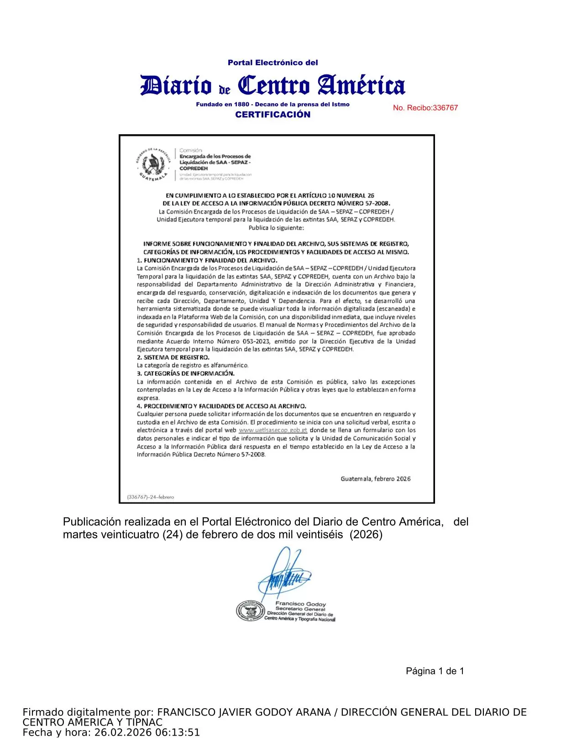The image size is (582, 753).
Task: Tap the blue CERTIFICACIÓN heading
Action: click(x=273, y=115)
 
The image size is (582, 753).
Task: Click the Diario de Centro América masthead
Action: click(x=273, y=85)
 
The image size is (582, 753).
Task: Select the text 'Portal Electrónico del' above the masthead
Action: click(x=273, y=63)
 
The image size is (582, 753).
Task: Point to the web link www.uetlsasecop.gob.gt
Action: click(x=273, y=430)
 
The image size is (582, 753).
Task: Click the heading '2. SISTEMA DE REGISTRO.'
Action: click(x=173, y=358)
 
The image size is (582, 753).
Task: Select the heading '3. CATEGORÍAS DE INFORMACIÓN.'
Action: click(x=186, y=374)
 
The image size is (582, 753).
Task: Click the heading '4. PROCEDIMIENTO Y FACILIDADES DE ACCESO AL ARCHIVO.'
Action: click(x=222, y=406)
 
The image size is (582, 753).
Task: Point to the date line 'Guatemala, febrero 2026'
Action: click(x=375, y=479)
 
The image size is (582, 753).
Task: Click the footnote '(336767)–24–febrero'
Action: click(x=150, y=497)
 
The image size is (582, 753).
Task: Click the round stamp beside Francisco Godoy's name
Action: click(x=251, y=611)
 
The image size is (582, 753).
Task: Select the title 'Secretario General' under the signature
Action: click(x=300, y=609)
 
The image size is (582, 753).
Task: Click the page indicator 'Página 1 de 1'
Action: click(x=435, y=671)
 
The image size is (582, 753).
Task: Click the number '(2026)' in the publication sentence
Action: click(x=366, y=534)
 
